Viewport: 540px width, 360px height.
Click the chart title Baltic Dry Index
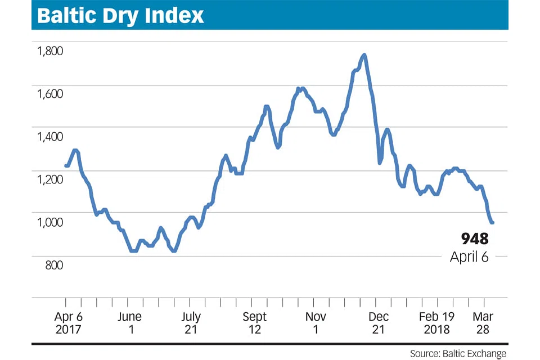coord(120,16)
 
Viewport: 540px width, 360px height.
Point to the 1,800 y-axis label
coord(50,51)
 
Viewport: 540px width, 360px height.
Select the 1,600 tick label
coord(50,94)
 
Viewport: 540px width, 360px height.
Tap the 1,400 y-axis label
coord(50,137)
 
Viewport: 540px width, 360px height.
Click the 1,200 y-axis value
coord(50,179)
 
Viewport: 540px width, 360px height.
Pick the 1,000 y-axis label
coord(50,222)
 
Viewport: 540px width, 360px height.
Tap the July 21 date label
coord(191,323)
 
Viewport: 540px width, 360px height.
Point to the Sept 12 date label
coord(254,323)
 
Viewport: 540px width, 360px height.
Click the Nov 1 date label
coord(316,323)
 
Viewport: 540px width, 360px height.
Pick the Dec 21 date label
coord(378,323)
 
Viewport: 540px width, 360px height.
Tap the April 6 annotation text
coord(469,257)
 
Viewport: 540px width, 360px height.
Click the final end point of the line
coord(493,223)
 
